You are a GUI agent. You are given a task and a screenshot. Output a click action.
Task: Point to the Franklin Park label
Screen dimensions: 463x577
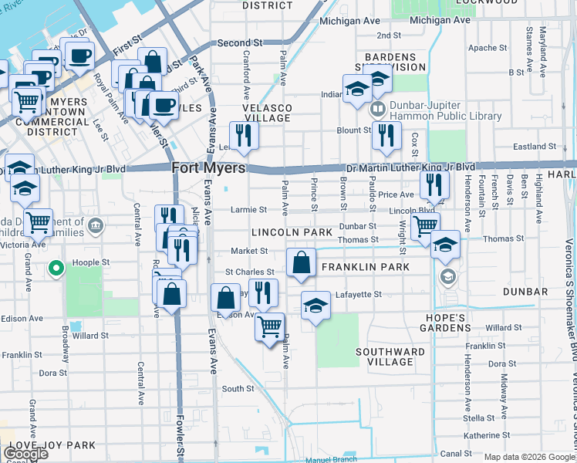[354, 267]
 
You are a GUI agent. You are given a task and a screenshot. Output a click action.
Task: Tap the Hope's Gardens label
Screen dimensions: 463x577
[445, 323]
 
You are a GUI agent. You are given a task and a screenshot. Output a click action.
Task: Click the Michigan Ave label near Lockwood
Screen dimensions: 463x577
[438, 20]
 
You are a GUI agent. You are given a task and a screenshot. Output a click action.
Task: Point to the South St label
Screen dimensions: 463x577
[238, 389]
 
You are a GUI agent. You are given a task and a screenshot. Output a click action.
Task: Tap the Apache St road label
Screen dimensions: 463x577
[487, 48]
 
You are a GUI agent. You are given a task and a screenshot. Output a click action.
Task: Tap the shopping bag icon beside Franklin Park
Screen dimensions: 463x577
[300, 262]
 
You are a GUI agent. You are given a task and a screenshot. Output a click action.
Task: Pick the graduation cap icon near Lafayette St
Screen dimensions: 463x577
[315, 306]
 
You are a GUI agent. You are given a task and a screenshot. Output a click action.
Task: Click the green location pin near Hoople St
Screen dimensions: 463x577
[56, 269]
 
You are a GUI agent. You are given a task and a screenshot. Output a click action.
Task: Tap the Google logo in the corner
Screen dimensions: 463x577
[25, 454]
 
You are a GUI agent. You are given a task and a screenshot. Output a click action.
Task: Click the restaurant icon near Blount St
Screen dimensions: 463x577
[386, 136]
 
